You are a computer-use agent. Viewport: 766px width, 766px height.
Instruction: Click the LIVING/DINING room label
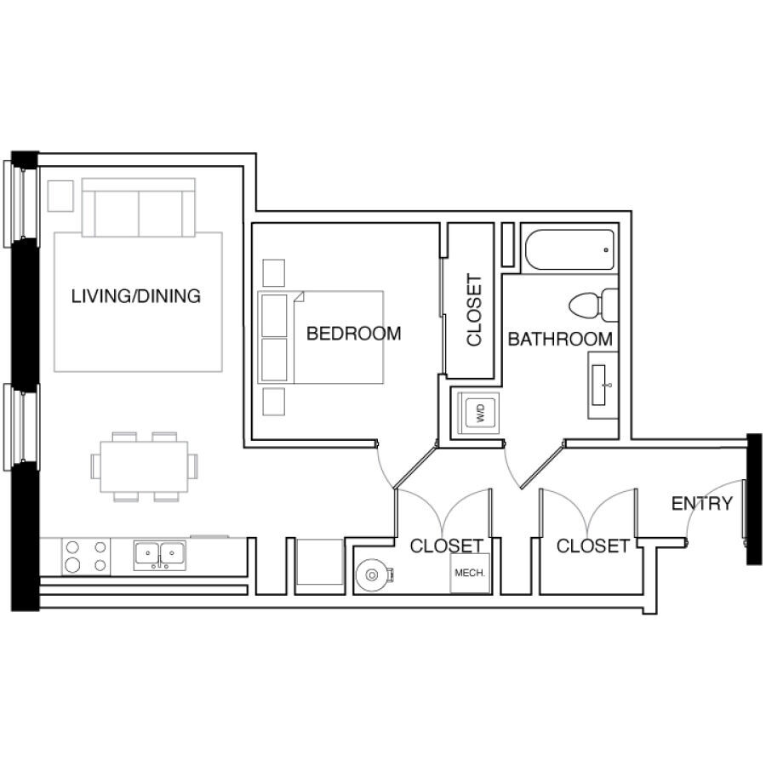click(x=136, y=296)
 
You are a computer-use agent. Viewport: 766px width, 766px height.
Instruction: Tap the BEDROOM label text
click(x=354, y=334)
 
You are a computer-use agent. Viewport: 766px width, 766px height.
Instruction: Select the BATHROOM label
click(x=560, y=339)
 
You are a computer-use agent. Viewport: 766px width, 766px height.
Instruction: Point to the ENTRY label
click(x=702, y=503)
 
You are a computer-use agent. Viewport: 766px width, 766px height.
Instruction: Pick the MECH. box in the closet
click(x=470, y=573)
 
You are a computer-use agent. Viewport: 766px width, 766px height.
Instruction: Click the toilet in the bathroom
click(x=593, y=305)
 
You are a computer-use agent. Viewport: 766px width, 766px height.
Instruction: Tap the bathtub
click(x=569, y=249)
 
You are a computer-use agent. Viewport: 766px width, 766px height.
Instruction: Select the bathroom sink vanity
click(x=603, y=385)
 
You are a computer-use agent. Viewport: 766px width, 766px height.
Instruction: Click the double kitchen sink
click(x=160, y=555)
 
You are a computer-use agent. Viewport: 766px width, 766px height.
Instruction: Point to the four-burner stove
click(x=86, y=557)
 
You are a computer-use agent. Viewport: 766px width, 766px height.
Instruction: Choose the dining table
click(x=144, y=466)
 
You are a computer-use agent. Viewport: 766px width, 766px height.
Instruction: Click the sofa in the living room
click(x=139, y=208)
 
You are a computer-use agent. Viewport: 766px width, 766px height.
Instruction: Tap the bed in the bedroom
click(x=321, y=337)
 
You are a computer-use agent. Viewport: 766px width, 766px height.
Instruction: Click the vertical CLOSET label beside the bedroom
click(x=474, y=310)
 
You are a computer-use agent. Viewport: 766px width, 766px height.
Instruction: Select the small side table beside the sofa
click(x=60, y=196)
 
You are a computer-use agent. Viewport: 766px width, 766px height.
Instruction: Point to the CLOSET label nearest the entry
click(x=593, y=546)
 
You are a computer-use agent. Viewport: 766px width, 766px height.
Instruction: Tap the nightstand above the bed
click(x=273, y=273)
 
